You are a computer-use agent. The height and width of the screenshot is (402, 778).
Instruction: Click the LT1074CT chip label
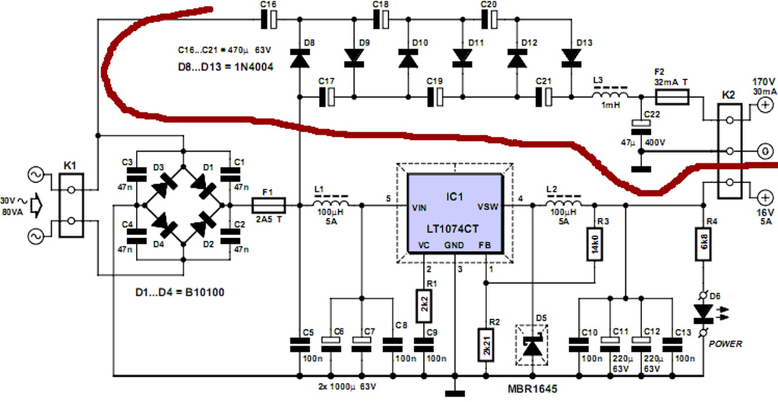pyautogui.click(x=453, y=229)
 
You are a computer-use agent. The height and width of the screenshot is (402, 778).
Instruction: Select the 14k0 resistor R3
pyautogui.click(x=594, y=244)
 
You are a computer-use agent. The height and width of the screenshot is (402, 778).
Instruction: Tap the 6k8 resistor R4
pyautogui.click(x=703, y=244)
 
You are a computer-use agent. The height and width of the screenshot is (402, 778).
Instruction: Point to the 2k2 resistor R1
pyautogui.click(x=424, y=306)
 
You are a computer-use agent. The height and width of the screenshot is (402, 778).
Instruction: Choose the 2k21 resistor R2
pyautogui.click(x=486, y=345)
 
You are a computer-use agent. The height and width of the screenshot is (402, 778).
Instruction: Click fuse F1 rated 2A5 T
pyautogui.click(x=269, y=205)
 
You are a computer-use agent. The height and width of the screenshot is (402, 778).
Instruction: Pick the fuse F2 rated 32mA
pyautogui.click(x=672, y=97)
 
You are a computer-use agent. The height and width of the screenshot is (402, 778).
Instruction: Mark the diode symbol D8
pyautogui.click(x=300, y=58)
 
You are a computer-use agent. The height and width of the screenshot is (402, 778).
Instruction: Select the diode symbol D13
pyautogui.click(x=571, y=58)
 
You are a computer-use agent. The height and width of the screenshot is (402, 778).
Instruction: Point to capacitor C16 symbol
pyautogui.click(x=269, y=19)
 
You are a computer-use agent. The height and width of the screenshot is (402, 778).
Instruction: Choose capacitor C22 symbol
pyautogui.click(x=641, y=127)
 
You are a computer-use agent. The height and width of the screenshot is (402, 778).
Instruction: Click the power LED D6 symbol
pyautogui.click(x=703, y=312)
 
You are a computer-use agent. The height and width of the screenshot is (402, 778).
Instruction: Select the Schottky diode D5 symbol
pyautogui.click(x=532, y=345)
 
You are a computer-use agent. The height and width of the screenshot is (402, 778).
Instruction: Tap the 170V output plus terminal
pyautogui.click(x=765, y=105)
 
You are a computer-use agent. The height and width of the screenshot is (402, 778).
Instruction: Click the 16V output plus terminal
pyautogui.click(x=765, y=198)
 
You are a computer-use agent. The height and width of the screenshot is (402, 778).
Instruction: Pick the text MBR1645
pyautogui.click(x=532, y=389)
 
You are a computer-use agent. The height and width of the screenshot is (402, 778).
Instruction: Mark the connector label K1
pyautogui.click(x=70, y=166)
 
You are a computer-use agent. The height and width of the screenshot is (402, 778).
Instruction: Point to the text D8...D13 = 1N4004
pyautogui.click(x=225, y=67)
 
